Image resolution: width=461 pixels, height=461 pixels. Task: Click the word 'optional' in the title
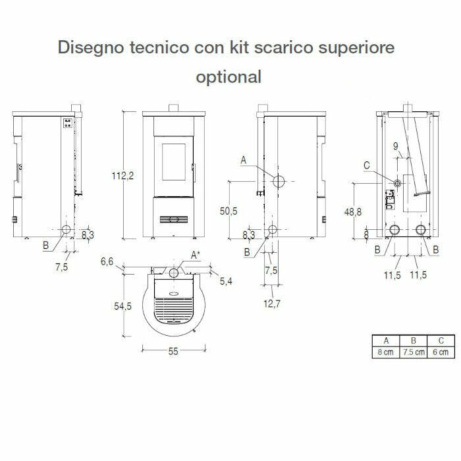[229, 77]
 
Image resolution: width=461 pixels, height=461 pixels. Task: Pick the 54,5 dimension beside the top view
[119, 306]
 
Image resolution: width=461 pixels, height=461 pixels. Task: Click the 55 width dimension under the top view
[173, 352]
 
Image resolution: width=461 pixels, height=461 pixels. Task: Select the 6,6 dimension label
[108, 262]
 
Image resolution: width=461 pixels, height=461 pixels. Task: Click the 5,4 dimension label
[226, 281]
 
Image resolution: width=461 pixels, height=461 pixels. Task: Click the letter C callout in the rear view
[366, 165]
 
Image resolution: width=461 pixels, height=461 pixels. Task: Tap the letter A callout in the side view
[244, 160]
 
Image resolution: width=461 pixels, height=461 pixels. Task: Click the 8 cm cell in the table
[386, 352]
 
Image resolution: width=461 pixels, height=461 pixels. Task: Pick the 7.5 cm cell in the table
[414, 352]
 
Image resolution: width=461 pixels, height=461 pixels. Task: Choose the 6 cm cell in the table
[441, 352]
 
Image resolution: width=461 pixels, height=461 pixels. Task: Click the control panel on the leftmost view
[67, 123]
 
